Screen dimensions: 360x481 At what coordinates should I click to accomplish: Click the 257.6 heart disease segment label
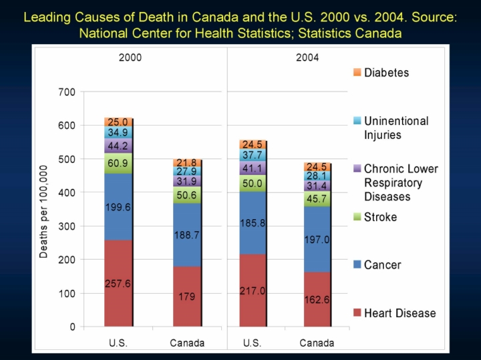click(x=118, y=283)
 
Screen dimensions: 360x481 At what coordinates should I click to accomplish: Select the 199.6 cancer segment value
click(x=118, y=207)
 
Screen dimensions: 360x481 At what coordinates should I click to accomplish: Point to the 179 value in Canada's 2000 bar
click(x=186, y=297)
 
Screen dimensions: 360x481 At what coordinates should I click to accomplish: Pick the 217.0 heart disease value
click(x=252, y=291)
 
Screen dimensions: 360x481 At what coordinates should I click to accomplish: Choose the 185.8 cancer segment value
click(x=252, y=223)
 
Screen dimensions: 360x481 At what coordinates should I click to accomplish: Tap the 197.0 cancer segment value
click(x=317, y=238)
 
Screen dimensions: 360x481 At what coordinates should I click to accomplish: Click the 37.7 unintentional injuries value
click(x=252, y=155)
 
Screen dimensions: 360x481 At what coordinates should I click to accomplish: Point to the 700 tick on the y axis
click(x=67, y=92)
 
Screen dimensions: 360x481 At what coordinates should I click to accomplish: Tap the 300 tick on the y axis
click(x=67, y=226)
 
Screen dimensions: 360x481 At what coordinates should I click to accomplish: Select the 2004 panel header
click(x=307, y=57)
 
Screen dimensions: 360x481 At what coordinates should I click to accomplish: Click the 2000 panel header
click(x=130, y=57)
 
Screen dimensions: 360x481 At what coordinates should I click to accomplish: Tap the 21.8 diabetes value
click(x=186, y=163)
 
